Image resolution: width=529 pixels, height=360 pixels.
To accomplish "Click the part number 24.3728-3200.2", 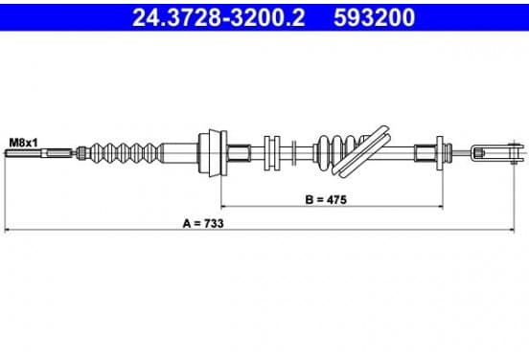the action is (218, 17).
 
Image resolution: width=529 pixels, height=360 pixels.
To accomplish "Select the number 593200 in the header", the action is (374, 17).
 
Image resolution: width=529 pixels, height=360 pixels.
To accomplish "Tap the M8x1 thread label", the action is (23, 143).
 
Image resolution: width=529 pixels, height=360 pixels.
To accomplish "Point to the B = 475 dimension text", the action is (326, 199).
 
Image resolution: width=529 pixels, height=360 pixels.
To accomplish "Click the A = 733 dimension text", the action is (203, 223).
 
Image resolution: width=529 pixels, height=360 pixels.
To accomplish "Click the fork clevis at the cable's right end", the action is (497, 153).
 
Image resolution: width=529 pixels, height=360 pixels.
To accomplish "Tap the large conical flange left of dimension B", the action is (213, 152).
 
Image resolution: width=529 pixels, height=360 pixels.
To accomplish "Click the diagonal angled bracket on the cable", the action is (361, 150).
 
